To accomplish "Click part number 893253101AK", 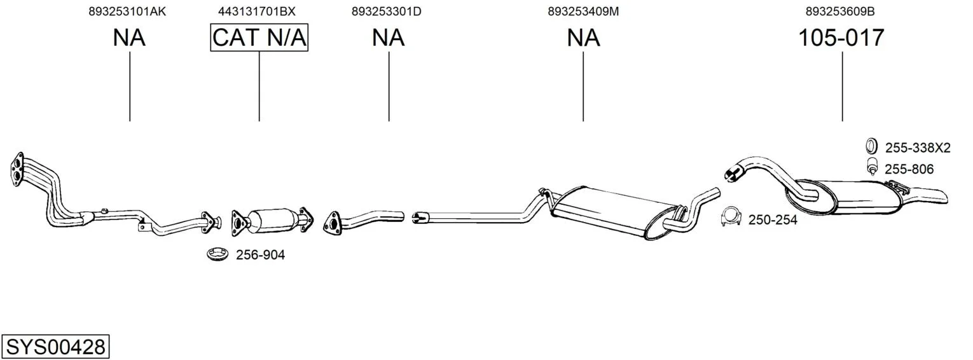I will pyautogui.click(x=127, y=11).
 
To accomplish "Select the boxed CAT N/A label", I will pyautogui.click(x=259, y=38).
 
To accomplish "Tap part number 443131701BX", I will pyautogui.click(x=257, y=11).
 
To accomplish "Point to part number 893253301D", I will pyautogui.click(x=386, y=11).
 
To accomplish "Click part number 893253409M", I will pyautogui.click(x=583, y=11).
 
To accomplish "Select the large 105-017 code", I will pyautogui.click(x=841, y=38).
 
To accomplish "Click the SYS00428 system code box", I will pyautogui.click(x=55, y=347).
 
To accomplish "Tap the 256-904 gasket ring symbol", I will pyautogui.click(x=217, y=254).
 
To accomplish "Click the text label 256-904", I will pyautogui.click(x=260, y=255).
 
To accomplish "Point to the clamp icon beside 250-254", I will pyautogui.click(x=731, y=218).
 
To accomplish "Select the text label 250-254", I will pyautogui.click(x=773, y=220).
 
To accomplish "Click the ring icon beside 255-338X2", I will pyautogui.click(x=871, y=146).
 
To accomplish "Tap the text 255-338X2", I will pyautogui.click(x=917, y=148).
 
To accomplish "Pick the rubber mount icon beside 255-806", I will pyautogui.click(x=872, y=168).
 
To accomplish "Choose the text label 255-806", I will pyautogui.click(x=909, y=169).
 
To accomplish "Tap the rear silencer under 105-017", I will pyautogui.click(x=859, y=196).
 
